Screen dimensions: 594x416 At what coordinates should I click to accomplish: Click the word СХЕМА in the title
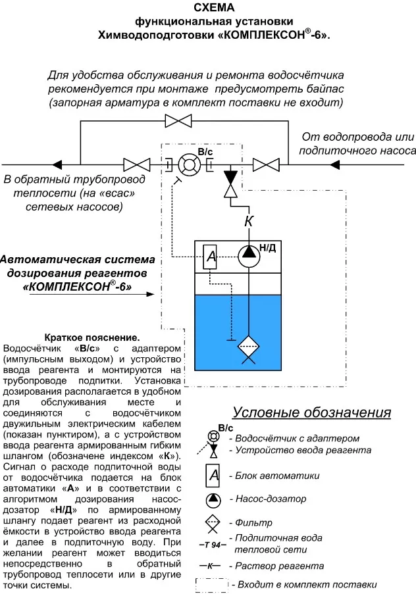[214, 8]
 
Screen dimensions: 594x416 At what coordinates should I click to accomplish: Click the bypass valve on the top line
[178, 120]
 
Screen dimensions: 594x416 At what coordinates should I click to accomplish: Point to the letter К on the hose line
[248, 222]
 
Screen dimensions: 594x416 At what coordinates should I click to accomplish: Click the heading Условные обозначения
[312, 412]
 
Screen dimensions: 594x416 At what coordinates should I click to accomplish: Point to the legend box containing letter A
[213, 475]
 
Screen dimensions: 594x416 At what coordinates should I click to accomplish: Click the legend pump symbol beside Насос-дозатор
[213, 499]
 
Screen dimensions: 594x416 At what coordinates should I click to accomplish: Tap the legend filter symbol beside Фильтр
[213, 524]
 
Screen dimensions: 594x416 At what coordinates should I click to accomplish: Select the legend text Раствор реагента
[276, 566]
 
